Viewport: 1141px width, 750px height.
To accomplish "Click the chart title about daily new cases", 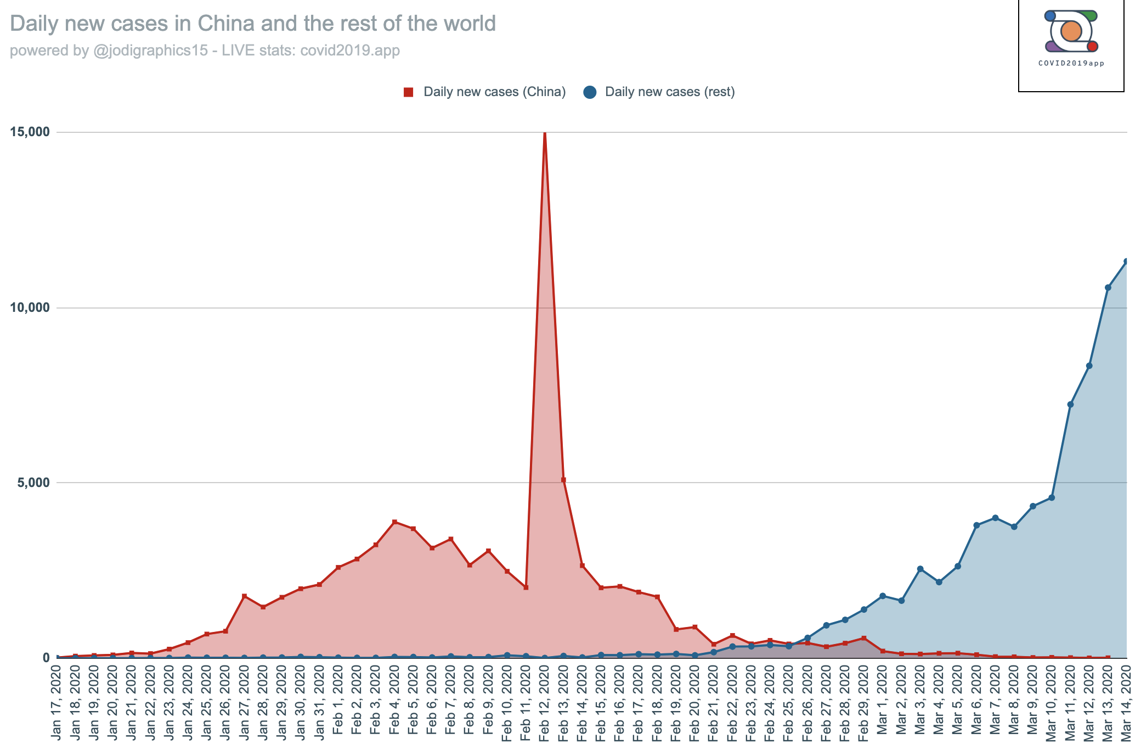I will click(x=253, y=24).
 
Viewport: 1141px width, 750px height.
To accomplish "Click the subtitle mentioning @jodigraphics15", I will click(x=205, y=51).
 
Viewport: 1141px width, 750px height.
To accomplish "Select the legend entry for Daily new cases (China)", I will click(x=484, y=92).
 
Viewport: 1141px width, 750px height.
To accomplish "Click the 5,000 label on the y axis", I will click(x=33, y=483).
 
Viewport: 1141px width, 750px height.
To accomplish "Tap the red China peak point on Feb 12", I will click(x=545, y=133).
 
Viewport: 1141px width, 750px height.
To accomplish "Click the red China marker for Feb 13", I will click(x=563, y=480).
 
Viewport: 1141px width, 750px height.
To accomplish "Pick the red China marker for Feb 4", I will click(x=394, y=522).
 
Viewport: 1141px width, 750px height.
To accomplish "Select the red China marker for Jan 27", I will click(x=244, y=596).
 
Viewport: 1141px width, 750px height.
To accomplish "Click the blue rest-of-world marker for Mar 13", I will click(x=1108, y=288).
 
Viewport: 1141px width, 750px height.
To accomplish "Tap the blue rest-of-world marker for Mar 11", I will click(x=1070, y=405).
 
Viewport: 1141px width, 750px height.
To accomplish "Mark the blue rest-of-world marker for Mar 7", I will click(x=995, y=518).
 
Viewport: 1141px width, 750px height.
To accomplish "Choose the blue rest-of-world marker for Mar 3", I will click(x=920, y=569).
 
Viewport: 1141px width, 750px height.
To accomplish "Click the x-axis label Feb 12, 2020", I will click(x=545, y=703).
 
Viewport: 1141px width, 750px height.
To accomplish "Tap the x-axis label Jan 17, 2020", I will click(x=57, y=703).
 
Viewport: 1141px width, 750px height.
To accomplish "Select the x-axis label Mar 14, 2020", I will click(x=1126, y=703).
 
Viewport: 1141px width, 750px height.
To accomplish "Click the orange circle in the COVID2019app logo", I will click(x=1071, y=32).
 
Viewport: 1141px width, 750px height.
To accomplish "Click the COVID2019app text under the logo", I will click(x=1071, y=63).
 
